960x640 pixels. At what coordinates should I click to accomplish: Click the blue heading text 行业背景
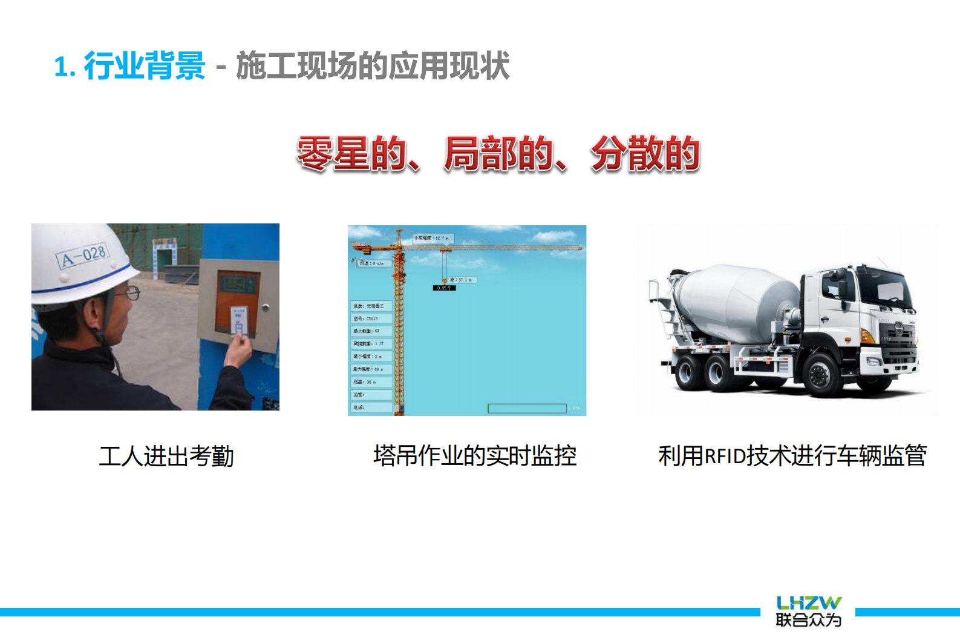pyautogui.click(x=145, y=65)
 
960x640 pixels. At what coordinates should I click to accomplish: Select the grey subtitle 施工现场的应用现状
pyautogui.click(x=373, y=65)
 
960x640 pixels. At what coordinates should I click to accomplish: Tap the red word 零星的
pyautogui.click(x=351, y=153)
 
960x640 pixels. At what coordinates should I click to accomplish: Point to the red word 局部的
pyautogui.click(x=499, y=153)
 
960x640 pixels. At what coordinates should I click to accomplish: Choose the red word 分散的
pyautogui.click(x=645, y=153)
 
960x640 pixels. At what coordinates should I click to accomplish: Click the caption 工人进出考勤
pyautogui.click(x=166, y=456)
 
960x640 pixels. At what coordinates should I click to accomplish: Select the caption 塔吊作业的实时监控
pyautogui.click(x=475, y=455)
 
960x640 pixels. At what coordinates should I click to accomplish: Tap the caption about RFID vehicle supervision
pyautogui.click(x=792, y=455)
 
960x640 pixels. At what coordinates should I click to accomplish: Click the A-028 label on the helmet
pyautogui.click(x=83, y=256)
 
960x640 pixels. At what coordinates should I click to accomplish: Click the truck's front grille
pyautogui.click(x=898, y=342)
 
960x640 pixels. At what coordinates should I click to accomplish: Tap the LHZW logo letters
pyautogui.click(x=808, y=603)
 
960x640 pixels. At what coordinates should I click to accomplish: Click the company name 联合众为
pyautogui.click(x=808, y=620)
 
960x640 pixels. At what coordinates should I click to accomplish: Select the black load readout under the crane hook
pyautogui.click(x=443, y=288)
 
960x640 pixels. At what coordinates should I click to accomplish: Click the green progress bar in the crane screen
pyautogui.click(x=527, y=409)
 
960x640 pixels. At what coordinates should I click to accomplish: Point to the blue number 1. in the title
pyautogui.click(x=65, y=67)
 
